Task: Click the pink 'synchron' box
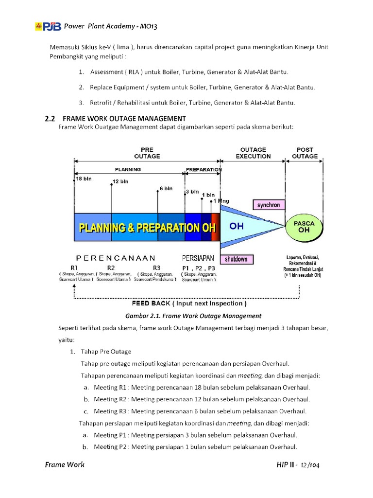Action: coord(268,205)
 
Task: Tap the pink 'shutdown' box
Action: coord(236,259)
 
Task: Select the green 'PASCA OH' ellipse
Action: coord(304,227)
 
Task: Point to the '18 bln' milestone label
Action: coord(84,178)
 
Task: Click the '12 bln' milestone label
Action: coord(120,181)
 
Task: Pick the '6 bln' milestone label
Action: coord(166,188)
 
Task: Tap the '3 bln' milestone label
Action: coord(192,192)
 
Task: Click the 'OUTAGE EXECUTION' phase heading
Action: coord(253,153)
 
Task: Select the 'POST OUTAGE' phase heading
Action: coord(305,153)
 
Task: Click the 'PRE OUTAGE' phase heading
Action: coord(147,153)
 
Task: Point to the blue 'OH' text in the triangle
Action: coord(236,227)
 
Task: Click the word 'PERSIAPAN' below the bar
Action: coord(198,258)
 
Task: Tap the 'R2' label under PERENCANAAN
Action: coord(111,267)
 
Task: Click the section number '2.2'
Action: coord(51,118)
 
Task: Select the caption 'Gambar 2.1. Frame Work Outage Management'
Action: coord(193,316)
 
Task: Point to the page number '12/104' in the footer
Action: coord(309,465)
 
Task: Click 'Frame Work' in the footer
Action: coord(65,464)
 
